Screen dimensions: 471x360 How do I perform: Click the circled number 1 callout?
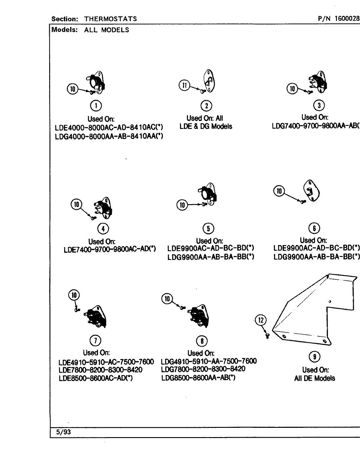(x=96, y=106)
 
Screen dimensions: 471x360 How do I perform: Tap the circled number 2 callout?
(x=206, y=106)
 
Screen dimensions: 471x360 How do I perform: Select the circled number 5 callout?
(x=208, y=228)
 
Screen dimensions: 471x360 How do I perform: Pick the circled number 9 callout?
(x=314, y=357)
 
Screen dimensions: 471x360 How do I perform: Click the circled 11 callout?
(x=184, y=85)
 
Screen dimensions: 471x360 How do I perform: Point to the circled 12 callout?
(x=260, y=320)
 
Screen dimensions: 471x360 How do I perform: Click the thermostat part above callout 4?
(x=106, y=207)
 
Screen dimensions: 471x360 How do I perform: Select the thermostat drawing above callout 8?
(x=198, y=317)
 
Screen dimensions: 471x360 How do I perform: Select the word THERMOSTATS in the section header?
(x=110, y=19)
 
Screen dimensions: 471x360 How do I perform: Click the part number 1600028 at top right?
(x=347, y=19)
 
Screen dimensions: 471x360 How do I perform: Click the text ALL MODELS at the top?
(x=107, y=30)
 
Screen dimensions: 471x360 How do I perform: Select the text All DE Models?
(x=314, y=378)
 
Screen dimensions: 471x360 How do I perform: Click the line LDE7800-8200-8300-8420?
(x=101, y=370)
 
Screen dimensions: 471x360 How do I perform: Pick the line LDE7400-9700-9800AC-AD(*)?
(x=110, y=249)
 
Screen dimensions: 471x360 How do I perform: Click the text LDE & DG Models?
(x=206, y=127)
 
